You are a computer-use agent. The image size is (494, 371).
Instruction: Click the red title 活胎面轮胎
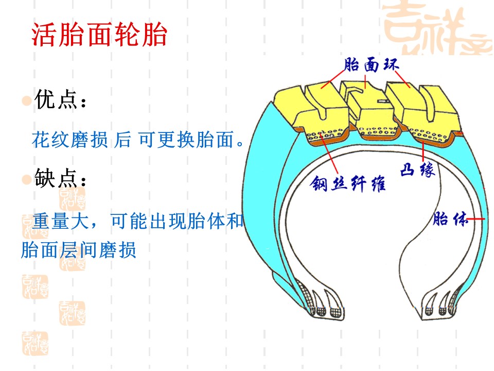point(99,34)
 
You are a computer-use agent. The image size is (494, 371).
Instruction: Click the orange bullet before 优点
point(26,100)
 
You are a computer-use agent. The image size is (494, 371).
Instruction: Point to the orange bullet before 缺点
point(26,179)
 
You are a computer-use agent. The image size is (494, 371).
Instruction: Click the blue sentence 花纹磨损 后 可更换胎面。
point(138,140)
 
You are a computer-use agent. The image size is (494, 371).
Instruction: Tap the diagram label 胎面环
point(372,65)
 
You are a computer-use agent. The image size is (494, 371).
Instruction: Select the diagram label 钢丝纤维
point(348,183)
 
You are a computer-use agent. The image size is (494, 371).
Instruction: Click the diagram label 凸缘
point(418,170)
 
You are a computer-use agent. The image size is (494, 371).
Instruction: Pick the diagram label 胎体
point(450,218)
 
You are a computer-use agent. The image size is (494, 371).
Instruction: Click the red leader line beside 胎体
point(475,218)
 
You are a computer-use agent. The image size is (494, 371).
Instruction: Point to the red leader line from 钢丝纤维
point(329,154)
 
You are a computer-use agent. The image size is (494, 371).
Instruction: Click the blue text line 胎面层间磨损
point(78,250)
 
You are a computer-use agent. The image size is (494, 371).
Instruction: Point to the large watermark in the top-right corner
point(437,28)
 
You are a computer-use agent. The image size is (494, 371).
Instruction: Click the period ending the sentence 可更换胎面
point(240,144)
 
